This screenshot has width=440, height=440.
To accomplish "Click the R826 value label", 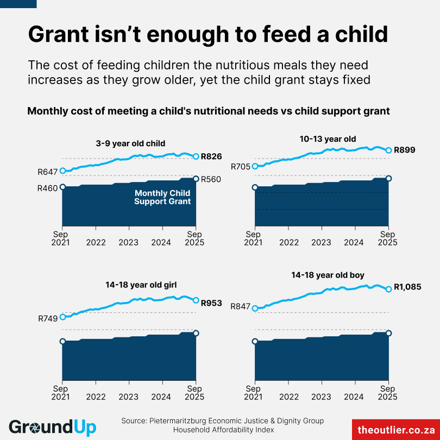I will (211, 156).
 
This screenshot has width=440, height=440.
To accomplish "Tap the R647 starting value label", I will (48, 172).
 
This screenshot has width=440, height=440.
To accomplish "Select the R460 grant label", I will (48, 188).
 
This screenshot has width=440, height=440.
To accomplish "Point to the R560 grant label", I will (211, 180).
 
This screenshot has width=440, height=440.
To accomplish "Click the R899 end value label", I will (404, 149).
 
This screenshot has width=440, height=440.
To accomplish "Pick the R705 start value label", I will (241, 167).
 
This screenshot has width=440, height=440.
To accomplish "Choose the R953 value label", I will (211, 303).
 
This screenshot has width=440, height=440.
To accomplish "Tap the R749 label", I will (48, 318).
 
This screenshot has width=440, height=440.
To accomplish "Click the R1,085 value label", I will (407, 287).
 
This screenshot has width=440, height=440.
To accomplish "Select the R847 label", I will (241, 306).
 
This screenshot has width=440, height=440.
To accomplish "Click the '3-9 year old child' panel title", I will (130, 143).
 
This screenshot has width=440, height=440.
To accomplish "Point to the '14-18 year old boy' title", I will (328, 275).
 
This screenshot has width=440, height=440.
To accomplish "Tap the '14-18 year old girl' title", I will (141, 284).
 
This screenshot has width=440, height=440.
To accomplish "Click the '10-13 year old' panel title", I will (328, 139).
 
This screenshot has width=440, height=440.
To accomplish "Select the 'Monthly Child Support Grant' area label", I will (162, 197).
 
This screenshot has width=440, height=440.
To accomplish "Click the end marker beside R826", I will (196, 156).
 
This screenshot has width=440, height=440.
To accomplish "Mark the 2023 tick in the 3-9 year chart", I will (129, 242).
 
